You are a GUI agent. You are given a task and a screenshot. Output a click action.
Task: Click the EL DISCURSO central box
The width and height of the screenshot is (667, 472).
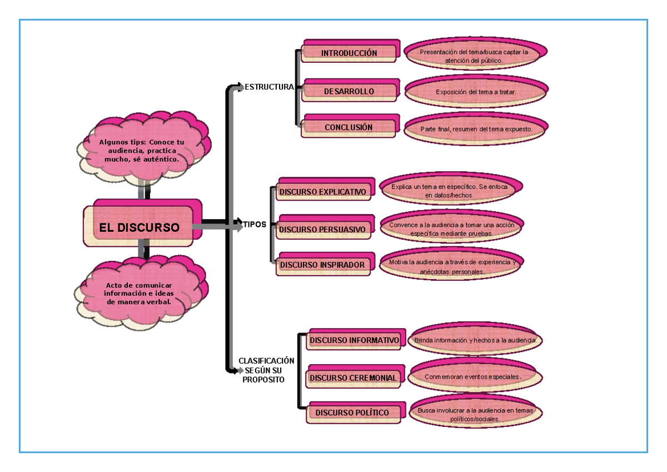[140, 227]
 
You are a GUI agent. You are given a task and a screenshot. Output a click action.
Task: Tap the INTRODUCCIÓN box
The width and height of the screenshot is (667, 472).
[349, 53]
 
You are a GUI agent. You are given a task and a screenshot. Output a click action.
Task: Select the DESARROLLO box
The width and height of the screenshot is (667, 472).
[349, 91]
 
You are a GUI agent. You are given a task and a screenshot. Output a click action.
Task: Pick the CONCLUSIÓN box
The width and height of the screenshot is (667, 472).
[349, 127]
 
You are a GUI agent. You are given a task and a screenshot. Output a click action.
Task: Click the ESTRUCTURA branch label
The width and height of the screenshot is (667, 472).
[269, 87]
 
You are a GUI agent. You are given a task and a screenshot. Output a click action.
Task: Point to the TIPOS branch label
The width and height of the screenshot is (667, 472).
[255, 225]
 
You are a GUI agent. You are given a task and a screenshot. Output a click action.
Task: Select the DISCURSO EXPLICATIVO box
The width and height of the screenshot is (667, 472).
[323, 192]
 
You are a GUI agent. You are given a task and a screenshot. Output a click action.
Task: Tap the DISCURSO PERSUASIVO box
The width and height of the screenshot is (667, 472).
[322, 229]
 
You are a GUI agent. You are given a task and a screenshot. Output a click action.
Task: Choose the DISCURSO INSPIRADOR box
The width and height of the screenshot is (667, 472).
[322, 265]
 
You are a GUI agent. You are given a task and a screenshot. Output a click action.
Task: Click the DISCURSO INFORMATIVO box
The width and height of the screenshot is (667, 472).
[354, 340]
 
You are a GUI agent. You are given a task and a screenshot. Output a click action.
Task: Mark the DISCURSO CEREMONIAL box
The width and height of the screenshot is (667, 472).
[354, 378]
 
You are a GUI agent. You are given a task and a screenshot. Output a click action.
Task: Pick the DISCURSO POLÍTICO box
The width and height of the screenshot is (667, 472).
[352, 413]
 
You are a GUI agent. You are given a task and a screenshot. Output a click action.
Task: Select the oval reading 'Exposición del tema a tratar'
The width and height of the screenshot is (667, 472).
[476, 92]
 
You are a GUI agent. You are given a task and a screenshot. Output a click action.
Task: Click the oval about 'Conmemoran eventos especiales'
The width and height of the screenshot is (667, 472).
[474, 376]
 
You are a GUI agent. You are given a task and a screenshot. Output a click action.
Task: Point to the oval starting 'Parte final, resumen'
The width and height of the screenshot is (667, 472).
[476, 129]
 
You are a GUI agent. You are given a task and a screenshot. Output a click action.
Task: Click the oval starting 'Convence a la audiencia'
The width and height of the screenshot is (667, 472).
[451, 229]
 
